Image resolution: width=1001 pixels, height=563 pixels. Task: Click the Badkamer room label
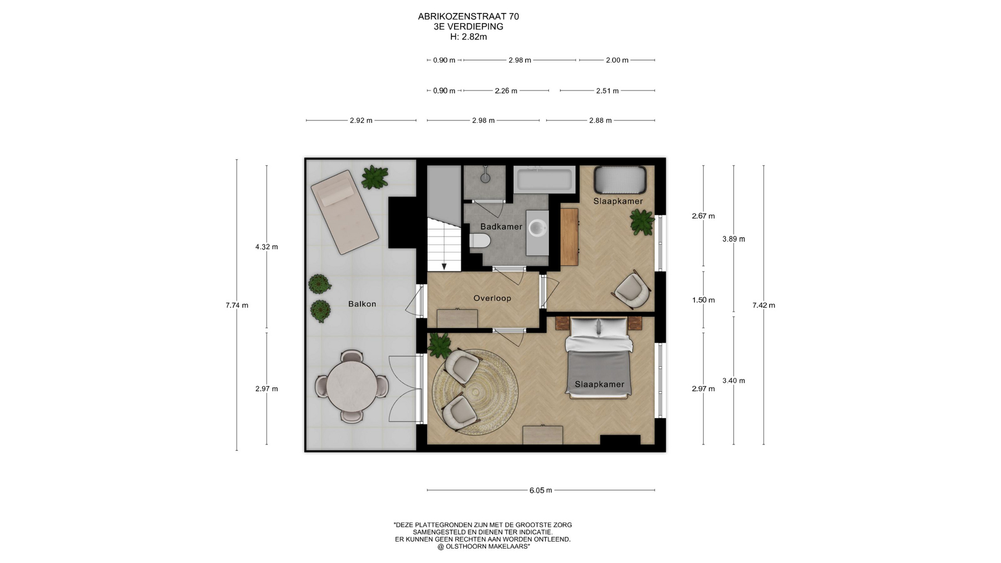click(x=501, y=227)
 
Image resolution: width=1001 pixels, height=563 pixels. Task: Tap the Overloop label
click(x=492, y=298)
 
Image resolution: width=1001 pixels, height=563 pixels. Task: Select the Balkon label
click(x=362, y=304)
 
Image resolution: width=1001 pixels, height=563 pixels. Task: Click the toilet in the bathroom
click(x=480, y=241)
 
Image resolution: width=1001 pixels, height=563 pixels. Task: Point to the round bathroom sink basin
click(x=538, y=227)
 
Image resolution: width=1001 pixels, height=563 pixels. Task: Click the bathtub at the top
click(x=544, y=179)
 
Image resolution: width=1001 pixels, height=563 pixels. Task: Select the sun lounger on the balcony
click(x=345, y=212)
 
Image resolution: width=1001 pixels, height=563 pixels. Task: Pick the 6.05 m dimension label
click(x=541, y=490)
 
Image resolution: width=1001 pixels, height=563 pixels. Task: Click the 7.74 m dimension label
click(x=237, y=305)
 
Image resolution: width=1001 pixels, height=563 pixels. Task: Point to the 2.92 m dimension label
click(x=361, y=120)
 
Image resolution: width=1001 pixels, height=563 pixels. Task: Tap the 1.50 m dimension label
click(x=703, y=300)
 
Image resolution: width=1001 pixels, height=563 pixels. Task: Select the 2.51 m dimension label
click(x=607, y=91)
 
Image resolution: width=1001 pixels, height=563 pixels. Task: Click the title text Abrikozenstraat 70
click(x=468, y=17)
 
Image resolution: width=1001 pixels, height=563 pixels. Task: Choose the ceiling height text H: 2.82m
click(x=469, y=37)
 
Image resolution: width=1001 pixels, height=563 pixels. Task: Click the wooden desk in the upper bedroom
click(x=569, y=237)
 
